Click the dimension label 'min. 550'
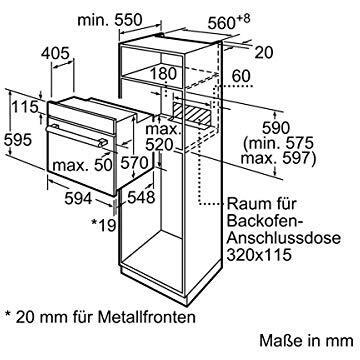coord(110,20)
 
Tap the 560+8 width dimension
coord(229,22)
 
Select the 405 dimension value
coord(55,53)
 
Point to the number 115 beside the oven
coord(25,107)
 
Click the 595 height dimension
coord(18,140)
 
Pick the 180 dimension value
coord(163,74)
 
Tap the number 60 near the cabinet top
coord(241,76)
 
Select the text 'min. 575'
coord(278,143)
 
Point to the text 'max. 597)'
coord(278,159)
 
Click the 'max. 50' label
coord(83,165)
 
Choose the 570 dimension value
coord(134,164)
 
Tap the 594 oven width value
coord(78,199)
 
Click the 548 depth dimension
coord(141,197)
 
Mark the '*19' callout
coord(105,225)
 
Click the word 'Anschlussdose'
coord(284,238)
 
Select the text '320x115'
coord(259,255)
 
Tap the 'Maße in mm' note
coord(306,340)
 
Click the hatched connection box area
coord(192,113)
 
